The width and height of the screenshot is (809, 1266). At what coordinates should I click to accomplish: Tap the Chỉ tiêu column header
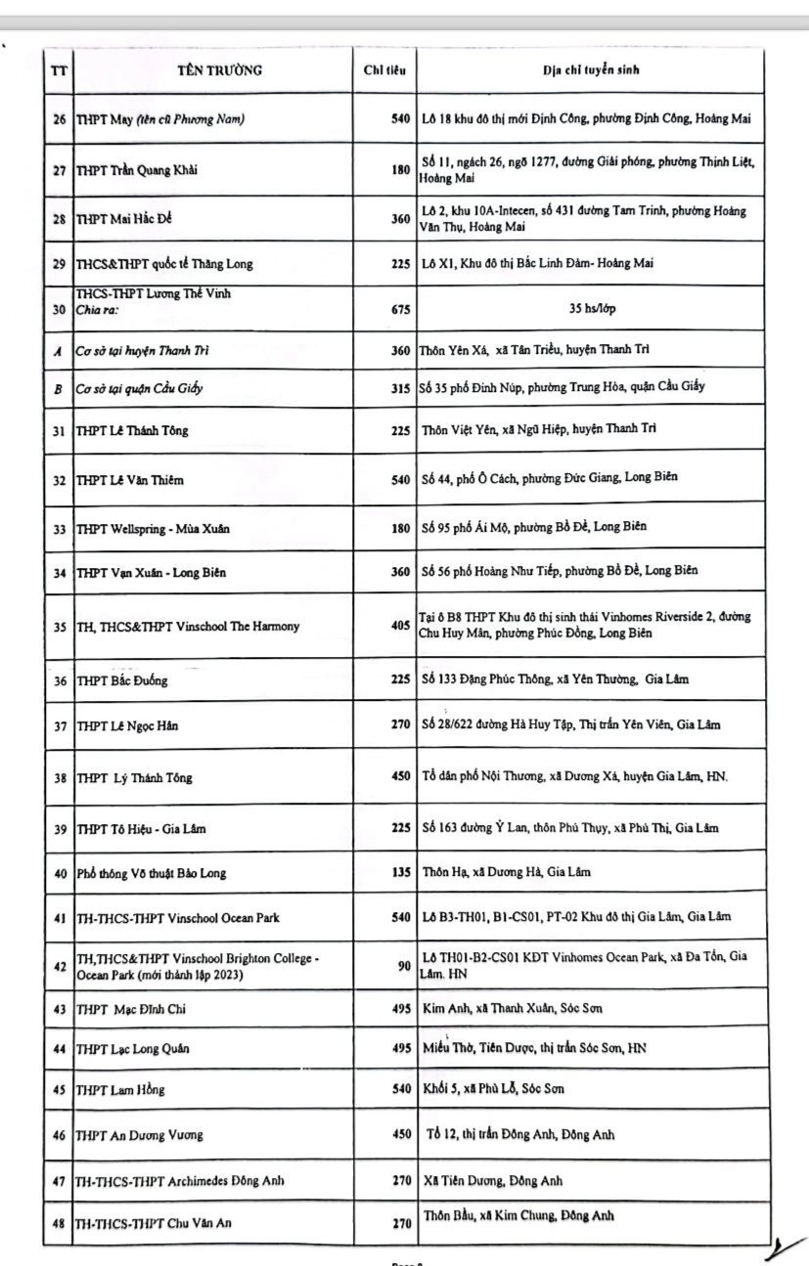[x=384, y=70]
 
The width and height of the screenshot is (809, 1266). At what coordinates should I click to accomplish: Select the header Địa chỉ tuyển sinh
[x=592, y=70]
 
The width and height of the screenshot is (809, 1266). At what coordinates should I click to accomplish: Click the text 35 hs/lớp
[x=592, y=309]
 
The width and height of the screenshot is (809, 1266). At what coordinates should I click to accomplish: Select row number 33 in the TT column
[x=59, y=529]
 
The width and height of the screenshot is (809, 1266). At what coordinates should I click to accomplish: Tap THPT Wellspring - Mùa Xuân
[x=153, y=529]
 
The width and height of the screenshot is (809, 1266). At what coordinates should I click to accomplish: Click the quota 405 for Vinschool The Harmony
[x=400, y=626]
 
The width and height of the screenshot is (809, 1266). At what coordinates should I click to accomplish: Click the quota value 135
[x=400, y=872]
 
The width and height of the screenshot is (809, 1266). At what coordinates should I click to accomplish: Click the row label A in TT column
[x=59, y=350]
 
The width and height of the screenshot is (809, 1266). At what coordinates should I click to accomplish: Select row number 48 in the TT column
[x=59, y=1223]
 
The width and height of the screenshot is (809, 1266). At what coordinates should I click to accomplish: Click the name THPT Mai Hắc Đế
[x=124, y=219]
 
